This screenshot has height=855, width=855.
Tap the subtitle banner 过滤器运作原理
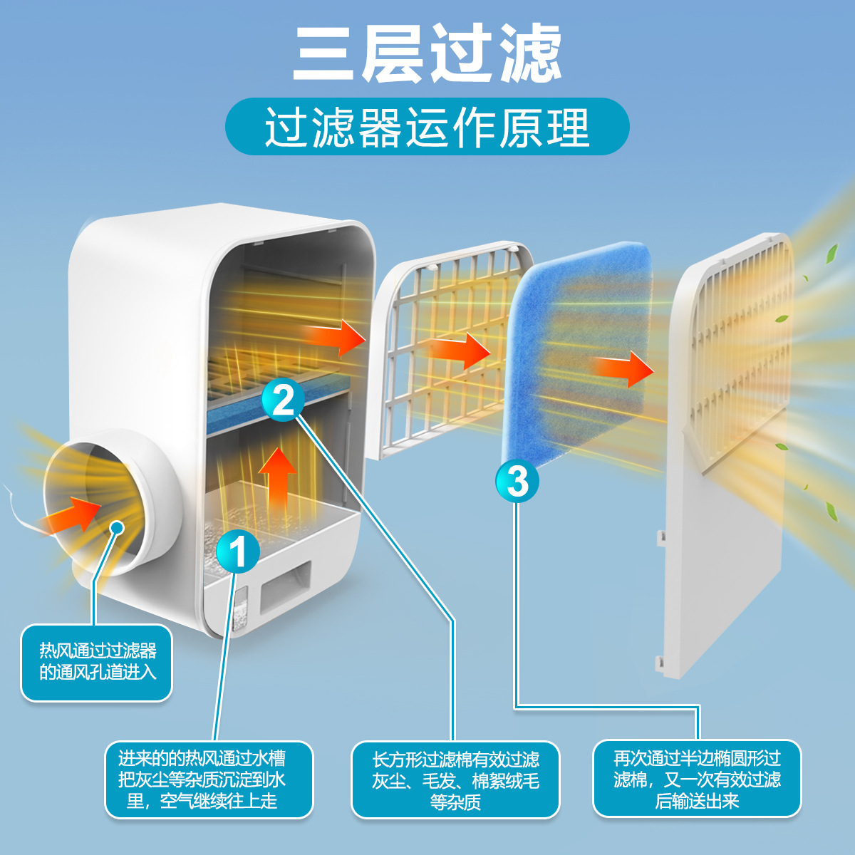[427, 127]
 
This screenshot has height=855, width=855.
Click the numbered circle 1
[238, 551]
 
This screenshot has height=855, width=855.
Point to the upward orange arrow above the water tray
[277, 477]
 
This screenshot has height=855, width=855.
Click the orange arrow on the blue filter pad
[624, 368]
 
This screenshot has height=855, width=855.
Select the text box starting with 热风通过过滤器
[97, 662]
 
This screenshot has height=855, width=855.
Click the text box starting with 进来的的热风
[209, 779]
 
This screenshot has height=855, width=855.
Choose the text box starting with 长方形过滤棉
[455, 780]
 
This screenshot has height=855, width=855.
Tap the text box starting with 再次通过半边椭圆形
[697, 779]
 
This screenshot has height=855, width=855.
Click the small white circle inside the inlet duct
[117, 528]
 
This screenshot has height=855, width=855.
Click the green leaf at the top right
[831, 254]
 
